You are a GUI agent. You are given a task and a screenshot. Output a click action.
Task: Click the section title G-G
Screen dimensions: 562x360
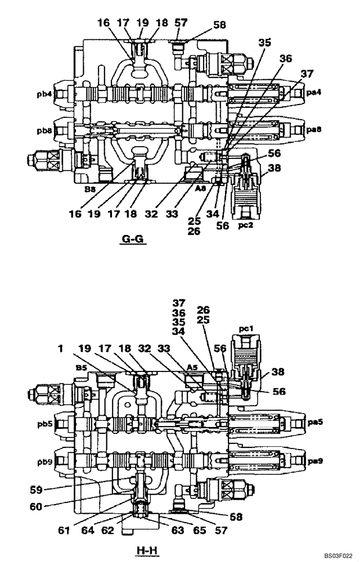click(133, 240)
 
